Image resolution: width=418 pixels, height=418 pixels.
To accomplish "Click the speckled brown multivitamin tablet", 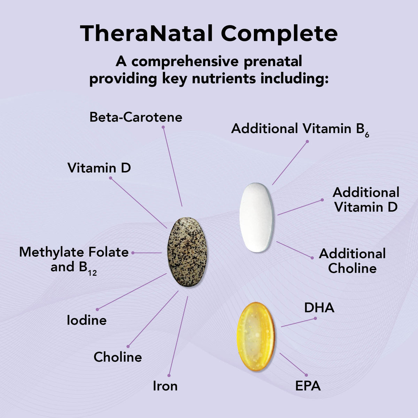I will (x=187, y=252).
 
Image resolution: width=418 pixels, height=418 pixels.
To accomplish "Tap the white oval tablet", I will (x=257, y=217).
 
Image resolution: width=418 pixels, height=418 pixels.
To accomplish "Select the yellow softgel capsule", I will (x=256, y=336).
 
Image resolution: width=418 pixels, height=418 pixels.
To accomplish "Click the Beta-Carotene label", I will (x=136, y=117).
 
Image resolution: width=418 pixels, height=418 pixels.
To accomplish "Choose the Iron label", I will (x=165, y=386).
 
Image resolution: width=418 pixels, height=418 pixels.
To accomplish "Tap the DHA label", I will (x=319, y=308).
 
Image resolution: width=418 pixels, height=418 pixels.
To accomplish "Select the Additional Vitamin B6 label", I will (x=300, y=129).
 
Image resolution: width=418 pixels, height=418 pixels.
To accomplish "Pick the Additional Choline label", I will (x=352, y=261).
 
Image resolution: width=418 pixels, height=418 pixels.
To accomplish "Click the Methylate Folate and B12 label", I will (x=74, y=260).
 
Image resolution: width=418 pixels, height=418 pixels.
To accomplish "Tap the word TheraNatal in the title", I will (x=146, y=34).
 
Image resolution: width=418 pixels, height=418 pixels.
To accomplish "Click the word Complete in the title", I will (x=279, y=34).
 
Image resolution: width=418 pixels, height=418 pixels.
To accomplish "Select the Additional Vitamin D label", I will (x=366, y=200).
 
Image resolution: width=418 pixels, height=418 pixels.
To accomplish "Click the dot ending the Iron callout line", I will (x=169, y=376).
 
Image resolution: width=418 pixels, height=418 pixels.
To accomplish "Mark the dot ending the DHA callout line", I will (x=315, y=318).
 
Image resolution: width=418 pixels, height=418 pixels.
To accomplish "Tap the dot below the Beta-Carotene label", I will (x=163, y=127).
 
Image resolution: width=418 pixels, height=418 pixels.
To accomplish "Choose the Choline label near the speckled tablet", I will (x=118, y=357).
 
